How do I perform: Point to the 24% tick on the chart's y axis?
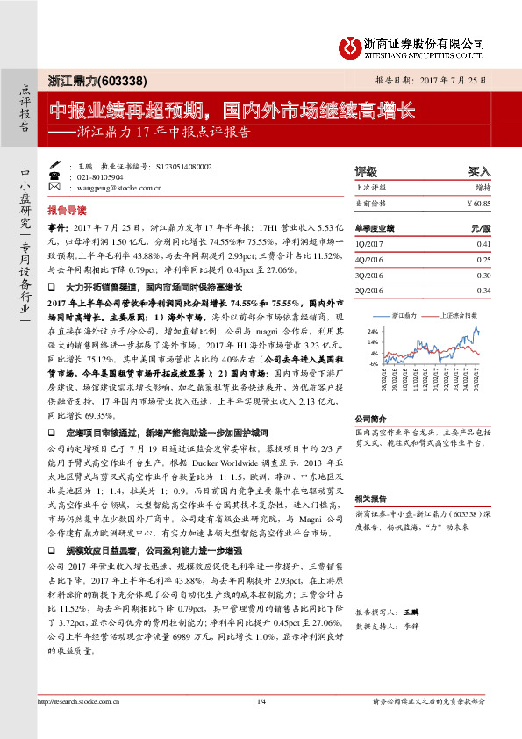click(x=372, y=331)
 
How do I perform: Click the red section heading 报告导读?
click(x=67, y=212)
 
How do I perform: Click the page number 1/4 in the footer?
click(x=261, y=725)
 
